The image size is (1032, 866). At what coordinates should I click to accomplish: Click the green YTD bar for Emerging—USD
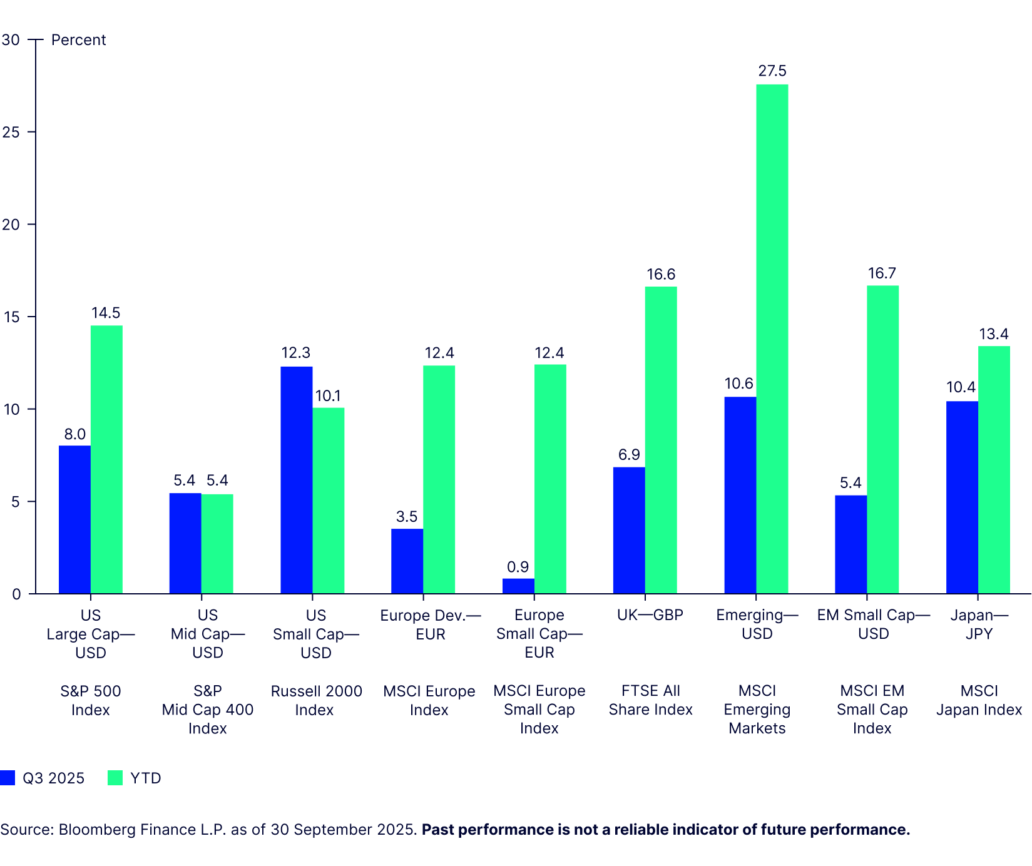(772, 339)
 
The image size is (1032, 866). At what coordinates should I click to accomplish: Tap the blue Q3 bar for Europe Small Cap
(518, 586)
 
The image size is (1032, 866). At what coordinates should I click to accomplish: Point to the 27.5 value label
(772, 71)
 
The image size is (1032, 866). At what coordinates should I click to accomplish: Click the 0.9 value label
(518, 567)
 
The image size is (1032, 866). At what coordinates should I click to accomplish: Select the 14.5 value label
(106, 313)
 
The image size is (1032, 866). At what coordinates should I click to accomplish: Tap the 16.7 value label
(882, 273)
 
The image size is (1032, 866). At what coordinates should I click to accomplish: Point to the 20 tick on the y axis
(11, 225)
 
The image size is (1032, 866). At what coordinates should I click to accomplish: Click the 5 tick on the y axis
(16, 502)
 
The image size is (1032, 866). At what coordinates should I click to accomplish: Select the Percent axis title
(78, 40)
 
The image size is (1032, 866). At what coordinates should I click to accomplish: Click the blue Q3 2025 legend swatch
(8, 778)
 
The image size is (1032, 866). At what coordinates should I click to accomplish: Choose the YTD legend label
(146, 778)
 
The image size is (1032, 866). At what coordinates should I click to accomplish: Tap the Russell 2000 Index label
(316, 700)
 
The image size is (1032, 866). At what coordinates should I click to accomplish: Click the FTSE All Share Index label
(650, 700)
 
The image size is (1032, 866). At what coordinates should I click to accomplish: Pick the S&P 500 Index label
(91, 700)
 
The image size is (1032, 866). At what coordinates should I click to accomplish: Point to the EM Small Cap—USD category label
(873, 624)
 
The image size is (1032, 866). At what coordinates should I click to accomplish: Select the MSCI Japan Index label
(979, 700)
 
